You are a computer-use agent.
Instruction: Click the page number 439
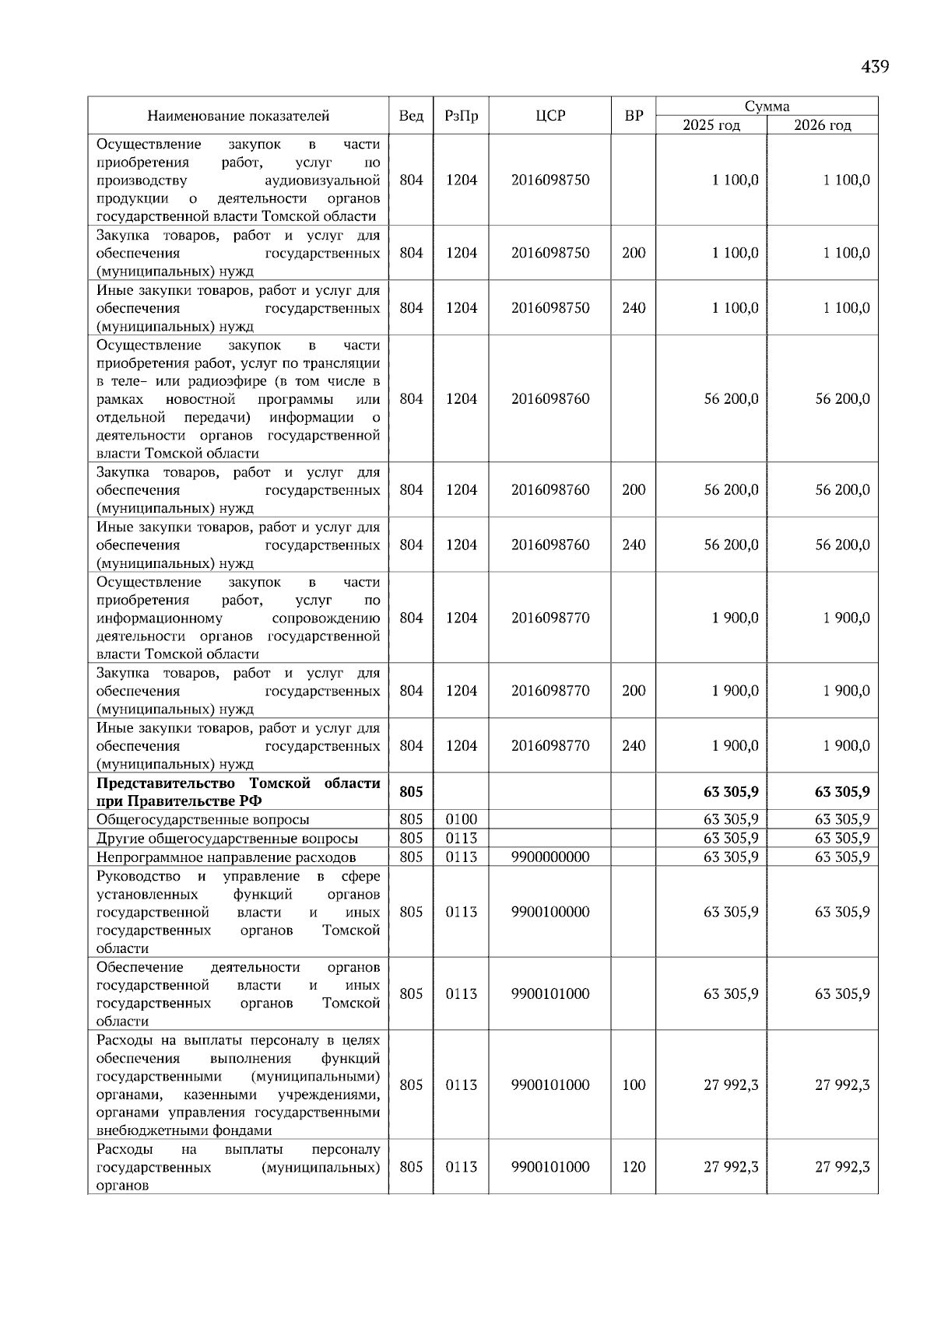coord(875,67)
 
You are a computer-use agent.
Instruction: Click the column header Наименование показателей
coord(238,116)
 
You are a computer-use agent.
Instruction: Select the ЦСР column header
coord(550,116)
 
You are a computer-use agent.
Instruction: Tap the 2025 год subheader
coord(711,125)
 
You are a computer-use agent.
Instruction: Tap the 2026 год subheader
coord(823,125)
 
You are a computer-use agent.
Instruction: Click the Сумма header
coord(767,107)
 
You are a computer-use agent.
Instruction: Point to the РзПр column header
coord(461,116)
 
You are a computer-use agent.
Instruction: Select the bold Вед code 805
coord(411,792)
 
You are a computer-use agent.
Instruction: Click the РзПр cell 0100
coord(461,819)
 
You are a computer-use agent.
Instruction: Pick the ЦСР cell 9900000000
coord(550,857)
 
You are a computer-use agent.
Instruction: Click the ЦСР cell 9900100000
coord(550,912)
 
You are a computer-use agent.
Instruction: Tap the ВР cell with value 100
coord(634,1085)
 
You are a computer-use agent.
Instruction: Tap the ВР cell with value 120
coord(634,1167)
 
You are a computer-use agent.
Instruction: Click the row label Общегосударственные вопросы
coord(202,820)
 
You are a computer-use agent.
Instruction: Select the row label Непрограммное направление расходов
coord(226,857)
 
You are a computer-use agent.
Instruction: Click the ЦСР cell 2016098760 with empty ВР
coord(550,399)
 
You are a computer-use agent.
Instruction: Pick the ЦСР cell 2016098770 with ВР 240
coord(550,745)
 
